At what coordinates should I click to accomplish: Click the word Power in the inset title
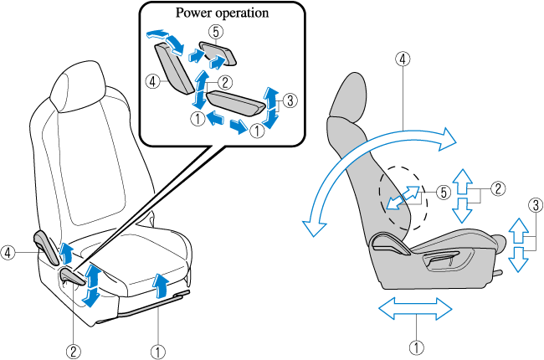click(x=192, y=14)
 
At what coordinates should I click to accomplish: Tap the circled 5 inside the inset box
click(x=215, y=32)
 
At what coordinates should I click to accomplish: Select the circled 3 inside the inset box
click(x=289, y=100)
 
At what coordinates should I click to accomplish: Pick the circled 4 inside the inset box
click(x=152, y=82)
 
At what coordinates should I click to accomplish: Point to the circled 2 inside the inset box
click(x=224, y=82)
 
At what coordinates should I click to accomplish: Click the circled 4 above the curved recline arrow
click(x=404, y=59)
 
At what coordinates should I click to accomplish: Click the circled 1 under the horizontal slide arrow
click(x=416, y=344)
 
